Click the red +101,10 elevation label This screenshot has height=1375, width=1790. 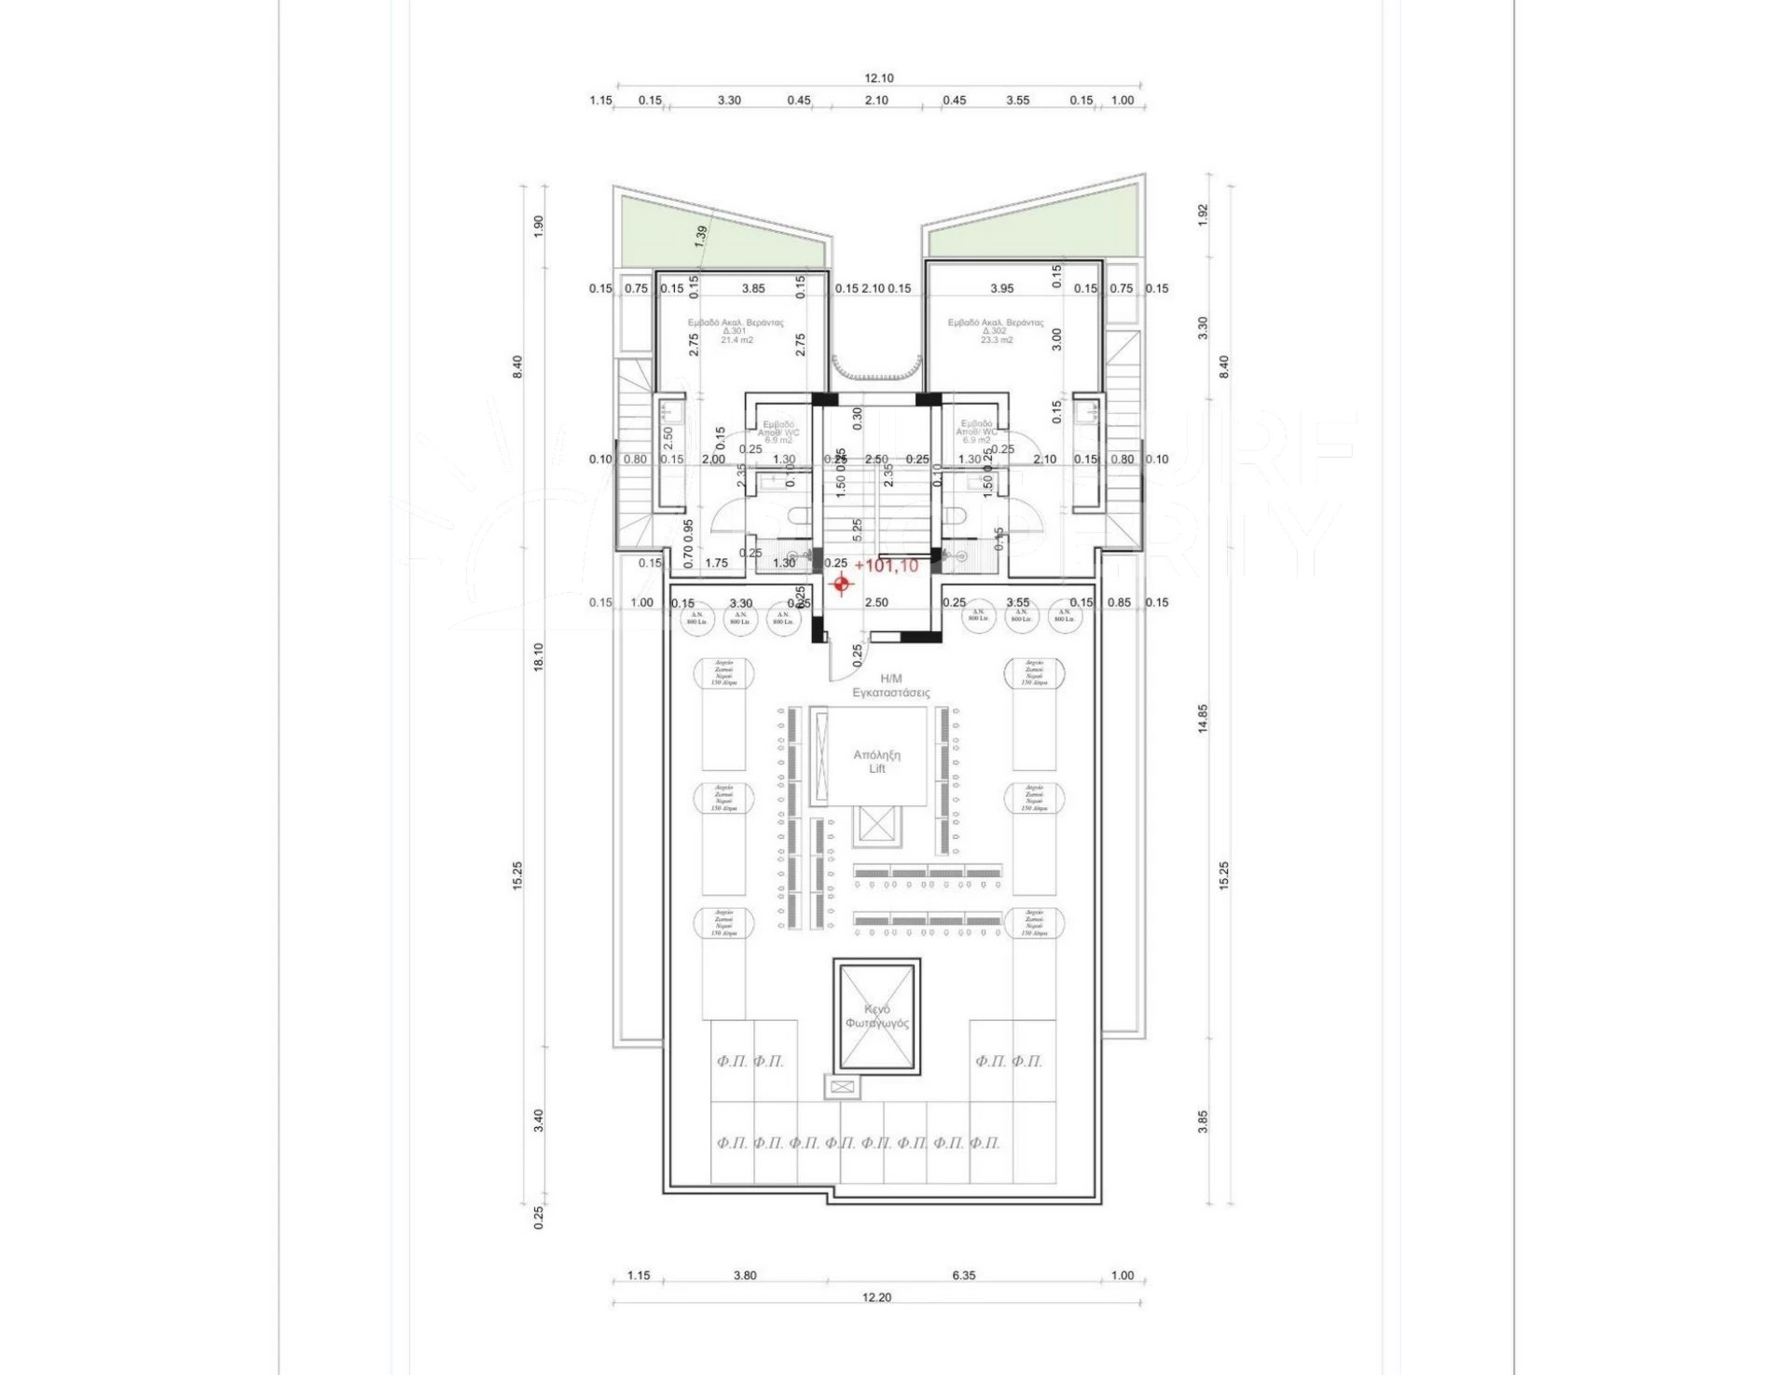[x=886, y=566]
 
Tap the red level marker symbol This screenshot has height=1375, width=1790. [x=842, y=584]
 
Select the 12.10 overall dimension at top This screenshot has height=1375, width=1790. [x=878, y=78]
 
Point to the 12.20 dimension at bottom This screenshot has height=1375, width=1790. [x=876, y=1297]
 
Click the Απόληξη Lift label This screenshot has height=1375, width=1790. [x=876, y=762]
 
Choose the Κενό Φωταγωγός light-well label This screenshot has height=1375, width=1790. [x=876, y=1016]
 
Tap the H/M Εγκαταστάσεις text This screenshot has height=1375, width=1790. [x=890, y=685]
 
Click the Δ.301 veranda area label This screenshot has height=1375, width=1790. [x=736, y=331]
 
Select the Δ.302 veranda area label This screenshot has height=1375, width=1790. [x=996, y=331]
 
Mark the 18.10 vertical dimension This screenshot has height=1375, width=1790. [x=538, y=656]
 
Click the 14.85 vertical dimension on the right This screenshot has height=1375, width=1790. [x=1203, y=718]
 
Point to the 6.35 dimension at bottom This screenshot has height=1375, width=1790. [x=963, y=1275]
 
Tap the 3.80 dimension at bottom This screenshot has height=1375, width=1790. [x=745, y=1275]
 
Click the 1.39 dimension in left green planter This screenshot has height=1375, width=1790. [x=701, y=236]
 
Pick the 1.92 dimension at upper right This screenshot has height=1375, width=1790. [x=1203, y=214]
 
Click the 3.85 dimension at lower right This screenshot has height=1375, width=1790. [x=1203, y=1121]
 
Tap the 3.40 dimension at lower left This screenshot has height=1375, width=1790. [x=538, y=1121]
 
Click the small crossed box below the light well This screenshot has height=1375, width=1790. [x=841, y=1086]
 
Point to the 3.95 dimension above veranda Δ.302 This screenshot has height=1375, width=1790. [x=1001, y=289]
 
